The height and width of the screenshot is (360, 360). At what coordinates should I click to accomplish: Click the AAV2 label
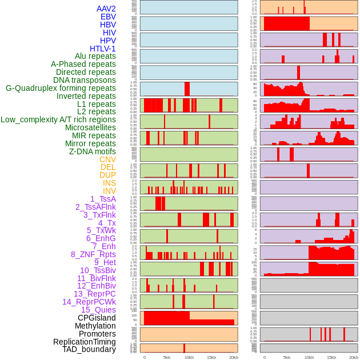pyautogui.click(x=106, y=9)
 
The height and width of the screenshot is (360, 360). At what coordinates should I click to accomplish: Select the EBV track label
pyautogui.click(x=108, y=17)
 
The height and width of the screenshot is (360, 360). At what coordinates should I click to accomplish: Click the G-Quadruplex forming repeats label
pyautogui.click(x=61, y=88)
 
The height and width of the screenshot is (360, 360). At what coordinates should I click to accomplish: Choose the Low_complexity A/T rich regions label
pyautogui.click(x=58, y=119)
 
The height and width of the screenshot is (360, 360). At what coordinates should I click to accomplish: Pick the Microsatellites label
pyautogui.click(x=90, y=127)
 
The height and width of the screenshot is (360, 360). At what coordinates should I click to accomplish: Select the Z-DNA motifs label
pyautogui.click(x=93, y=151)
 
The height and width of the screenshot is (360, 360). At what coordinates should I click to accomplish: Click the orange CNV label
pyautogui.click(x=107, y=159)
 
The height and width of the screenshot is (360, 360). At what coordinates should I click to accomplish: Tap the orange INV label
pyautogui.click(x=109, y=191)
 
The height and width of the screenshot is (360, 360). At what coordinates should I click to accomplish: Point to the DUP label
pyautogui.click(x=107, y=175)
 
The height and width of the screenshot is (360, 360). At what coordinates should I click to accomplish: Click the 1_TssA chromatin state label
pyautogui.click(x=103, y=199)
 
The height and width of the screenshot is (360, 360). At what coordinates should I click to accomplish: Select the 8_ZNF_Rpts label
pyautogui.click(x=93, y=254)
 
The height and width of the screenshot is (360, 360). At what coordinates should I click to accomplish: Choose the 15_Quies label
pyautogui.click(x=98, y=310)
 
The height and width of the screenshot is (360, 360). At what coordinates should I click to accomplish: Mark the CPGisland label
pyautogui.click(x=97, y=318)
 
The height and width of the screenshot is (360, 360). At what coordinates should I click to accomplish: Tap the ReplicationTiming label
pyautogui.click(x=84, y=342)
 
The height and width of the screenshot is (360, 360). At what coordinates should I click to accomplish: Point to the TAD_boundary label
pyautogui.click(x=89, y=349)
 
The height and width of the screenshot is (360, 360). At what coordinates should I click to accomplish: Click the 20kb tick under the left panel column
pyautogui.click(x=233, y=357)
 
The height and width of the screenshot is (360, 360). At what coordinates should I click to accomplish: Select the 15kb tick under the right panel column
pyautogui.click(x=331, y=357)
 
